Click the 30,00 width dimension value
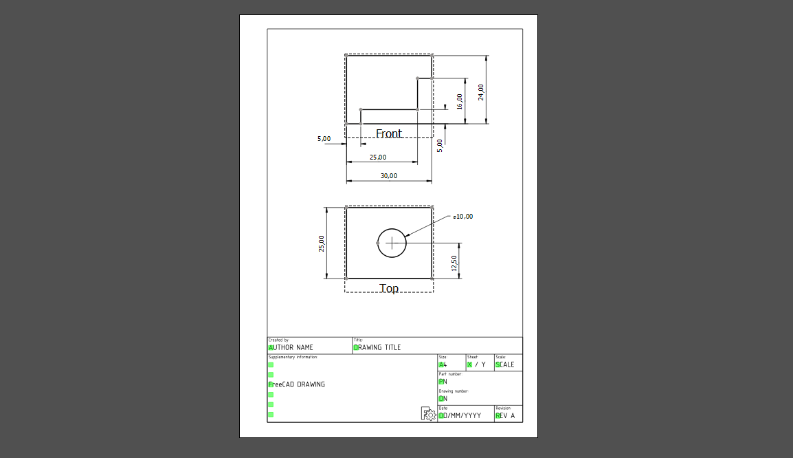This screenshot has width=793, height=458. click(388, 176)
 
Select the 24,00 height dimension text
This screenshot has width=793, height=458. click(481, 91)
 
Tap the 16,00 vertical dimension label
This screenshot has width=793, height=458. click(460, 102)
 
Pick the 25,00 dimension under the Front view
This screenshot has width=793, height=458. click(377, 157)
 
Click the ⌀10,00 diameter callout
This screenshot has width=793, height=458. click(462, 217)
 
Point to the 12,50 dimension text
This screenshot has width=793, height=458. click(454, 263)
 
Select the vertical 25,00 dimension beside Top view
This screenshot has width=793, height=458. click(322, 243)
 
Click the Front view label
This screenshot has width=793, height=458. click(388, 133)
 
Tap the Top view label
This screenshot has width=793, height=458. click(389, 289)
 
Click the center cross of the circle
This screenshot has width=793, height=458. click(392, 243)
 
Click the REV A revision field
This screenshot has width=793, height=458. click(505, 415)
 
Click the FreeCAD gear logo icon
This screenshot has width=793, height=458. click(428, 413)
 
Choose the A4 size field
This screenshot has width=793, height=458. click(443, 364)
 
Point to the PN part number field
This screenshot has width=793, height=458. click(443, 382)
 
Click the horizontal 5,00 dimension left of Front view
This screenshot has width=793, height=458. click(324, 139)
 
